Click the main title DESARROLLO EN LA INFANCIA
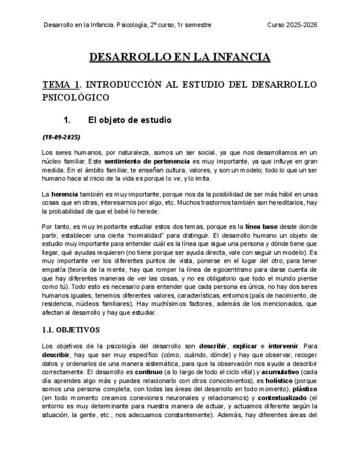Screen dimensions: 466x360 pos(180,57)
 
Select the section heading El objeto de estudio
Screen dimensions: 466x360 pos(130,120)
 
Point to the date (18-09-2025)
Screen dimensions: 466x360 pos(61,137)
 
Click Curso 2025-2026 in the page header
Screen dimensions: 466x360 pos(292,25)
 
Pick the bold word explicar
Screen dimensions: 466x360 pos(245,346)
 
